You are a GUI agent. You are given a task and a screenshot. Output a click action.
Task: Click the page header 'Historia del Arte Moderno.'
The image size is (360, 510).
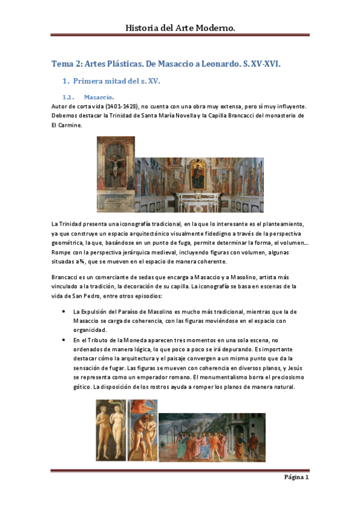coord(180,28)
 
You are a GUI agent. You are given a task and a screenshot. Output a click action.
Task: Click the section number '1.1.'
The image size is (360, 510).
coord(69,97)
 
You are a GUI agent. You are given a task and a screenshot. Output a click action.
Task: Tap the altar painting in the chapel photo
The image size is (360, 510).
coord(198,173)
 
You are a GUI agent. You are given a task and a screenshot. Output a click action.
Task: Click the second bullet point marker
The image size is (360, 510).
coord(64,340)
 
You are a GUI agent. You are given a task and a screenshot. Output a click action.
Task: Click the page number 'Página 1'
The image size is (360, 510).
coord(296,478)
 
